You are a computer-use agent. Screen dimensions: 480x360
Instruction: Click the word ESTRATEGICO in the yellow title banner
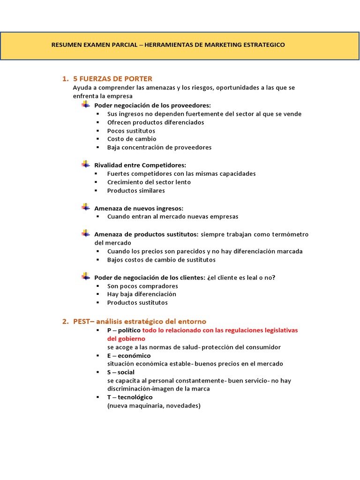tap(263, 45)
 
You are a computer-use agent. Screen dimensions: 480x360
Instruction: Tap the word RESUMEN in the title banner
tap(65, 45)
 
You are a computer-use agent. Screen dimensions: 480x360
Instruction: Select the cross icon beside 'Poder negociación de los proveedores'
tap(85, 105)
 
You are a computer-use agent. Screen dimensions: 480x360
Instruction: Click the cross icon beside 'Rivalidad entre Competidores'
tap(85, 164)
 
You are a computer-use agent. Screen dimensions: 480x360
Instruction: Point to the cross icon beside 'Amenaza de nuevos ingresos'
tap(85, 207)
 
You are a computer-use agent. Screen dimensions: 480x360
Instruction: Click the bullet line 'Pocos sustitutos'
tap(131, 131)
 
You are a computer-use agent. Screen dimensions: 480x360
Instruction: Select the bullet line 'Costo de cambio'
tap(132, 139)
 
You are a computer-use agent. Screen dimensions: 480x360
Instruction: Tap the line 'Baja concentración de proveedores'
tap(159, 147)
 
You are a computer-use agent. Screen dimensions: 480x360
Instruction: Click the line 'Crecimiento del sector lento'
tap(149, 182)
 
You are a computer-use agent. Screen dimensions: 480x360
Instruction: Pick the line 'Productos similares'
tap(136, 191)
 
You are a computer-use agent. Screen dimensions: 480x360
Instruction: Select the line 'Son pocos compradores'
tap(142, 286)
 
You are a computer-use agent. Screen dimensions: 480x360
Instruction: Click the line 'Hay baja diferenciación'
tap(142, 294)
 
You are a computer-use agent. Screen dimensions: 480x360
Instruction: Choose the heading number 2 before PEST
tap(65, 322)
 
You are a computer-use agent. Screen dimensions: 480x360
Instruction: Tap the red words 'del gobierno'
tap(126, 338)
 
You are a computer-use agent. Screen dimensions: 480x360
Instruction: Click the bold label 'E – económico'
tap(129, 355)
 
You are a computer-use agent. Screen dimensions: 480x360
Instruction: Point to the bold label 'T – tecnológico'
tap(130, 397)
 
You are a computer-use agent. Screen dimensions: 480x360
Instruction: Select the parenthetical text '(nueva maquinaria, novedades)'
tap(153, 405)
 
